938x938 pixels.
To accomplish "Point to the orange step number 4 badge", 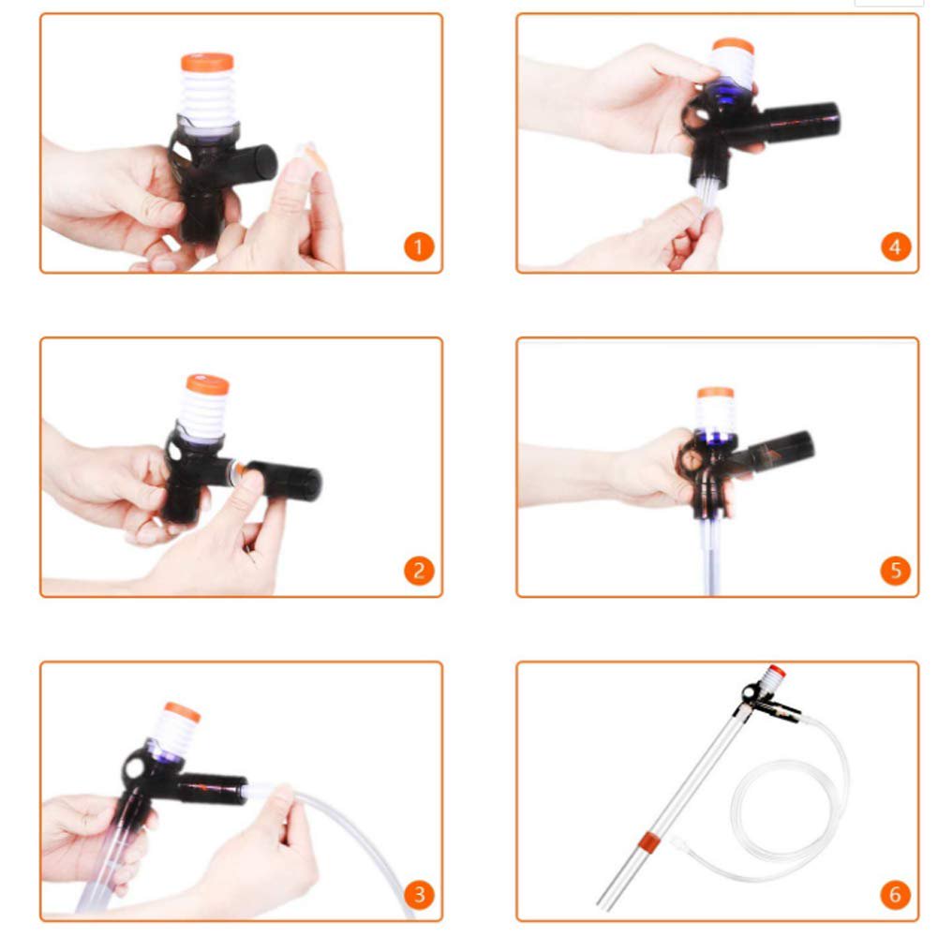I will (x=896, y=246).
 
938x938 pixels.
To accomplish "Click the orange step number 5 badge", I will (x=896, y=571).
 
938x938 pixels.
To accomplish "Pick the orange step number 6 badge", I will (x=896, y=895).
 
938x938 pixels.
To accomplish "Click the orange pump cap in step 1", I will (x=206, y=63).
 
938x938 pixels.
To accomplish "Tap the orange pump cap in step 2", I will (x=207, y=384).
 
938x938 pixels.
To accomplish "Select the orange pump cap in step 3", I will (x=182, y=712).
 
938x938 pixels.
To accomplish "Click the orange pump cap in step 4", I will (x=733, y=46).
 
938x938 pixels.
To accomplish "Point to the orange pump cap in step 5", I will (x=715, y=393).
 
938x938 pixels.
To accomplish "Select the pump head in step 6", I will (x=764, y=693).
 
